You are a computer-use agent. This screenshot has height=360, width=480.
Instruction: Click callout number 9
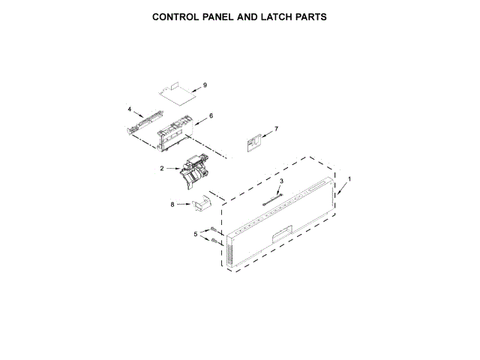click(x=205, y=85)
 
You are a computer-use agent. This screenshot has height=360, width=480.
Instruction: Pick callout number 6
click(x=211, y=115)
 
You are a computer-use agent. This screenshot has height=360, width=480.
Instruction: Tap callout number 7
click(x=275, y=129)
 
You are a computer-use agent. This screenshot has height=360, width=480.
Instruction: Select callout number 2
click(x=161, y=169)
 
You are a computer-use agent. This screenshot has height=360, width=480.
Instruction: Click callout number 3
click(x=281, y=181)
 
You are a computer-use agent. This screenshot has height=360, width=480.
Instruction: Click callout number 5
click(x=196, y=234)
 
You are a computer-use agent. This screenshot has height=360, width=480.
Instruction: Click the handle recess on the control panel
click(x=281, y=235)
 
